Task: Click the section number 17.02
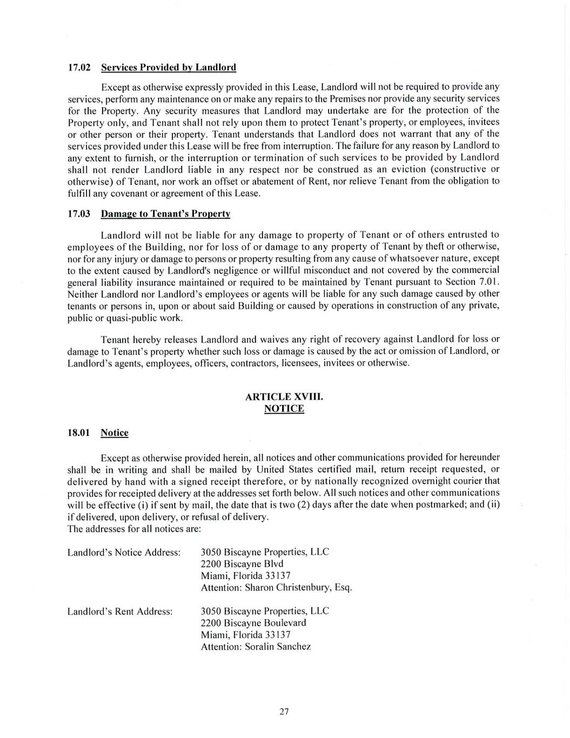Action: (78, 68)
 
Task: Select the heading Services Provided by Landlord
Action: (169, 68)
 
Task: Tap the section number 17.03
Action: (78, 214)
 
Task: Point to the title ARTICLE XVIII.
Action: (284, 397)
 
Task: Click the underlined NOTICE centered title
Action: (284, 409)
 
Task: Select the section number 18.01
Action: (78, 433)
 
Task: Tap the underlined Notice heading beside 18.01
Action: (115, 433)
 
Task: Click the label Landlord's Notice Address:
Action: (124, 553)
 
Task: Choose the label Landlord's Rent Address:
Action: (120, 611)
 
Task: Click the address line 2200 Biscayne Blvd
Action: (242, 564)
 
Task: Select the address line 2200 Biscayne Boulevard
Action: (253, 623)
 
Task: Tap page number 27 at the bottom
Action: (284, 712)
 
